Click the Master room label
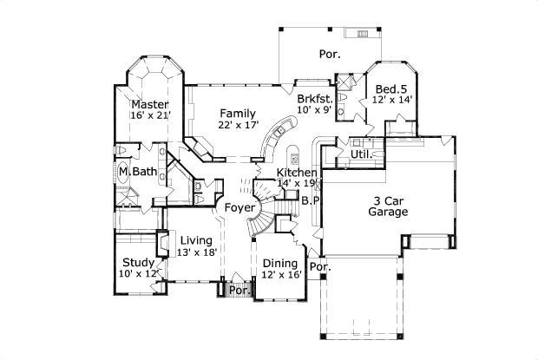click(149, 104)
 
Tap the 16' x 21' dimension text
click(150, 115)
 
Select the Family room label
click(236, 114)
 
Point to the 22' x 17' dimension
click(238, 125)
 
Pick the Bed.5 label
click(391, 89)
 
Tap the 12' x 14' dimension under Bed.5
click(391, 101)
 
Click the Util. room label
click(361, 154)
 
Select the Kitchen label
click(296, 172)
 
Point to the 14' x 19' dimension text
click(298, 183)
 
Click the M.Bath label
click(139, 172)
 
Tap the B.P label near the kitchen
click(311, 200)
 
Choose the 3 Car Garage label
click(389, 205)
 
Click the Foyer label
click(239, 208)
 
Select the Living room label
click(195, 240)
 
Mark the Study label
click(139, 262)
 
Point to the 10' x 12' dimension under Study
click(140, 273)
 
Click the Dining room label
click(280, 264)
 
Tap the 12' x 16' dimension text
click(281, 275)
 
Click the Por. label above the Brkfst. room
click(329, 54)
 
